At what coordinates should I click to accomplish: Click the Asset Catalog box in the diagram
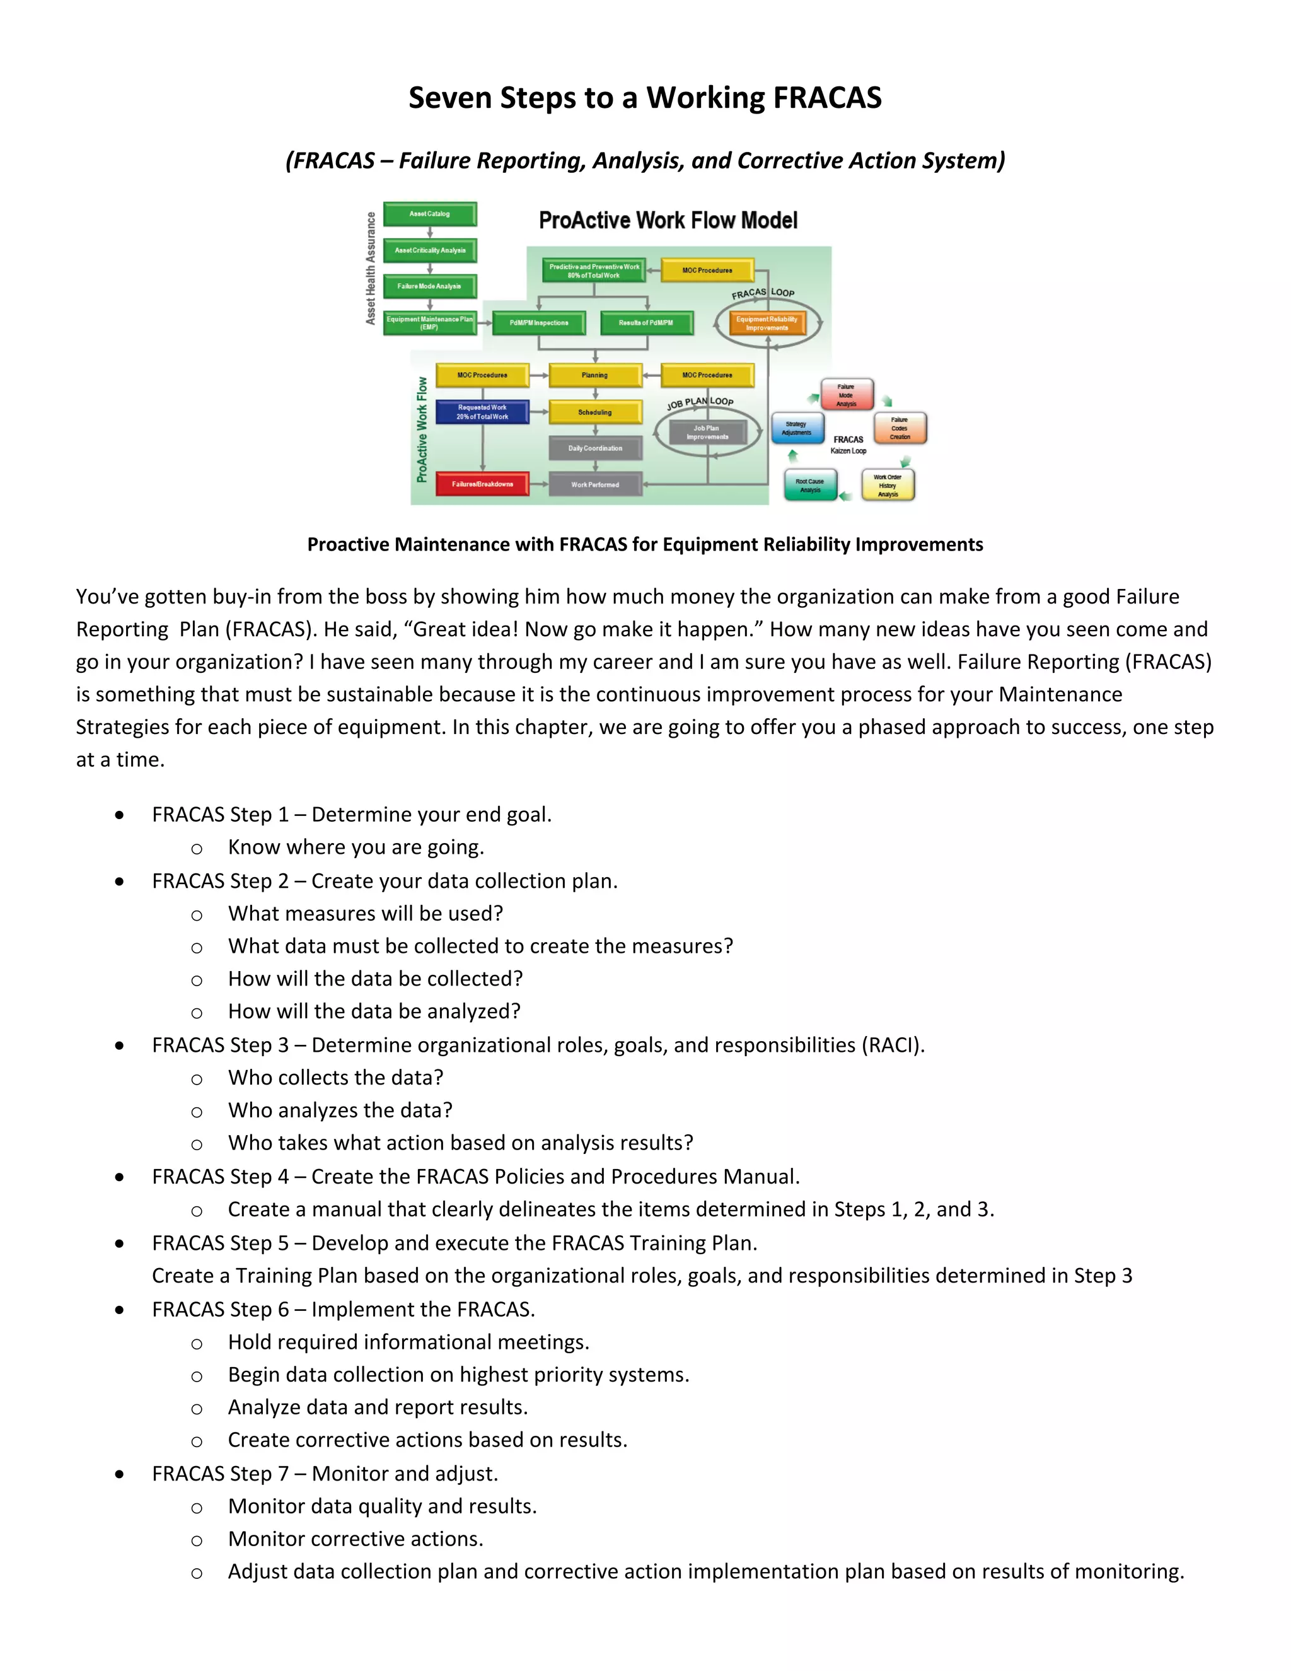click(430, 214)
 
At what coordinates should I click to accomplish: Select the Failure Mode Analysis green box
click(430, 286)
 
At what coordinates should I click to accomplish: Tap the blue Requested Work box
click(483, 412)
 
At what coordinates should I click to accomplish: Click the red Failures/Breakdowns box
click(483, 484)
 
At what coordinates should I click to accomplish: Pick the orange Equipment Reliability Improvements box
click(767, 323)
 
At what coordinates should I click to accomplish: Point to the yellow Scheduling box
click(595, 412)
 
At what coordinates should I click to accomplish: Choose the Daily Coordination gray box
click(595, 448)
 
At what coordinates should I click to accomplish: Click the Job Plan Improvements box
click(707, 433)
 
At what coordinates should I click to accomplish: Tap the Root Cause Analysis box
click(811, 486)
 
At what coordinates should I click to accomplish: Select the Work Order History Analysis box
click(888, 486)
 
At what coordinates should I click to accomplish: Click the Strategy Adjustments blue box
click(797, 428)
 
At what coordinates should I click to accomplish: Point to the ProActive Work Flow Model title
click(668, 220)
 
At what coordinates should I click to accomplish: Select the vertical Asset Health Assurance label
click(371, 268)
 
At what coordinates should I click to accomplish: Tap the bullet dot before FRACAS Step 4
click(119, 1177)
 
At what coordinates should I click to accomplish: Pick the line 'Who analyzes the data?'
click(340, 1110)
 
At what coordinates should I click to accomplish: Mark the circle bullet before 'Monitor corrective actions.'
click(197, 1540)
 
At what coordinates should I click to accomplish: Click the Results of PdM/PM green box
click(646, 323)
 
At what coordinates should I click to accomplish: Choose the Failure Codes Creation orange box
click(900, 428)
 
